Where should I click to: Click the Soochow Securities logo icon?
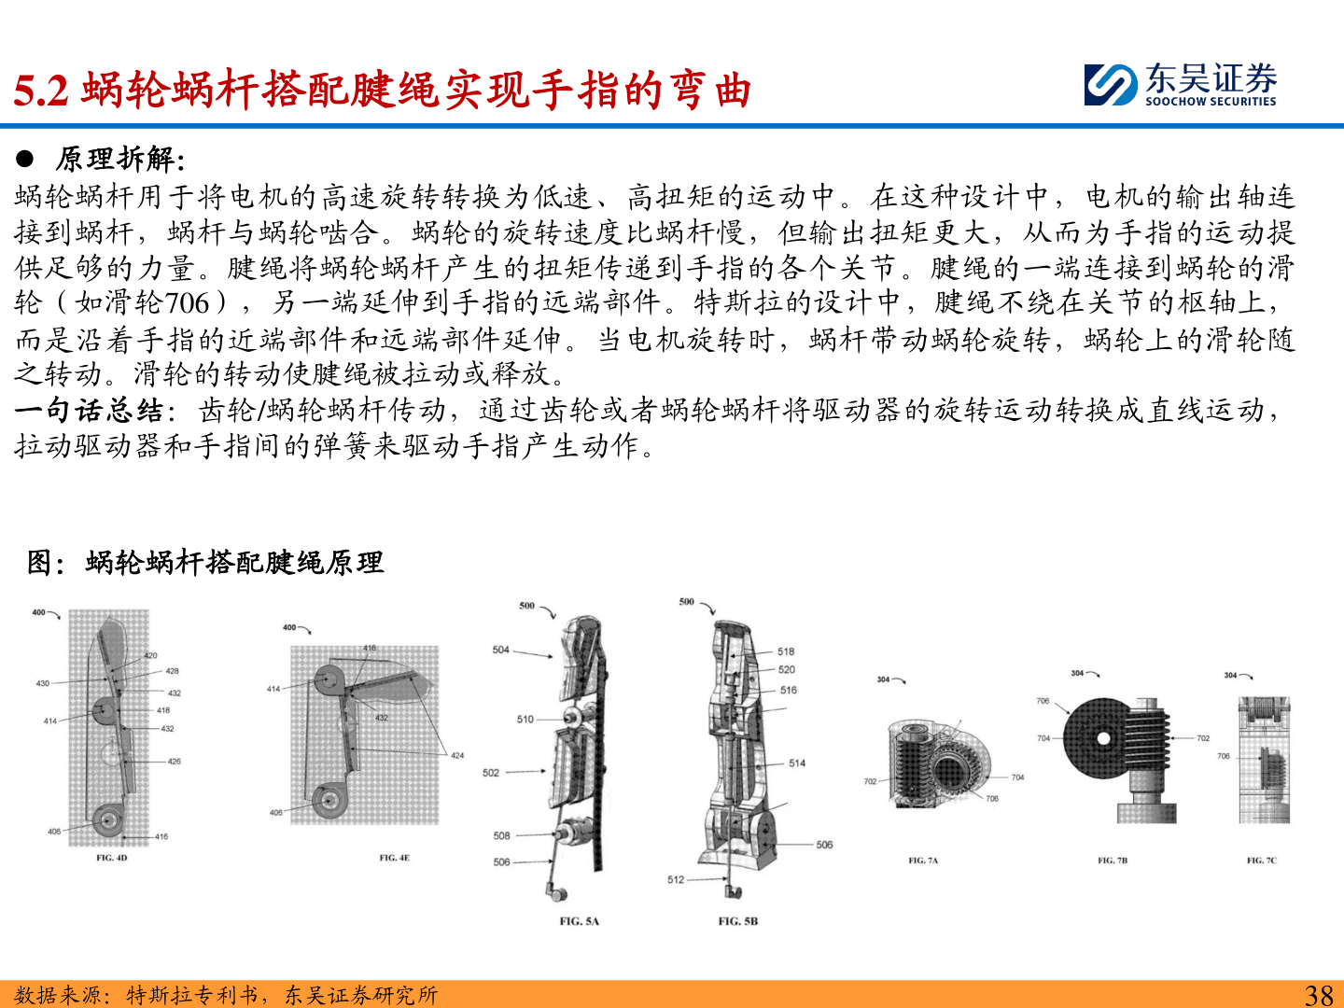[x=1111, y=85]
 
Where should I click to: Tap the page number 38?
[x=1319, y=995]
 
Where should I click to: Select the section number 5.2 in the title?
[x=41, y=91]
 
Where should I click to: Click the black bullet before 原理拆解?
[x=24, y=159]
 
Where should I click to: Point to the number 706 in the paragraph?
[x=187, y=303]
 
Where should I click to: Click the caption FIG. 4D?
[x=111, y=858]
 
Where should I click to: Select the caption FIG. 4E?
[x=394, y=858]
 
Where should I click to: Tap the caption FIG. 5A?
[x=580, y=921]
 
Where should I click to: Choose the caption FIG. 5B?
[x=738, y=921]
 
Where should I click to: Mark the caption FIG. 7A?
[x=923, y=861]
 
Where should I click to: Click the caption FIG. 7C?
[x=1261, y=861]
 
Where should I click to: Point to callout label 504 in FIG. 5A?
[x=500, y=650]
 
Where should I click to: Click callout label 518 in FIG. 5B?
[x=786, y=651]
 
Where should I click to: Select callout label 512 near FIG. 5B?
[x=676, y=879]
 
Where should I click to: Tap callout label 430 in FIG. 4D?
[x=42, y=683]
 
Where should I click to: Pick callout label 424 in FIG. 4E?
[x=457, y=755]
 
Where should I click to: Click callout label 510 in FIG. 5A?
[x=525, y=719]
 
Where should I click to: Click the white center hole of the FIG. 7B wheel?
[x=1103, y=738]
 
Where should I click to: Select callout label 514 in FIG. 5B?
[x=797, y=763]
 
